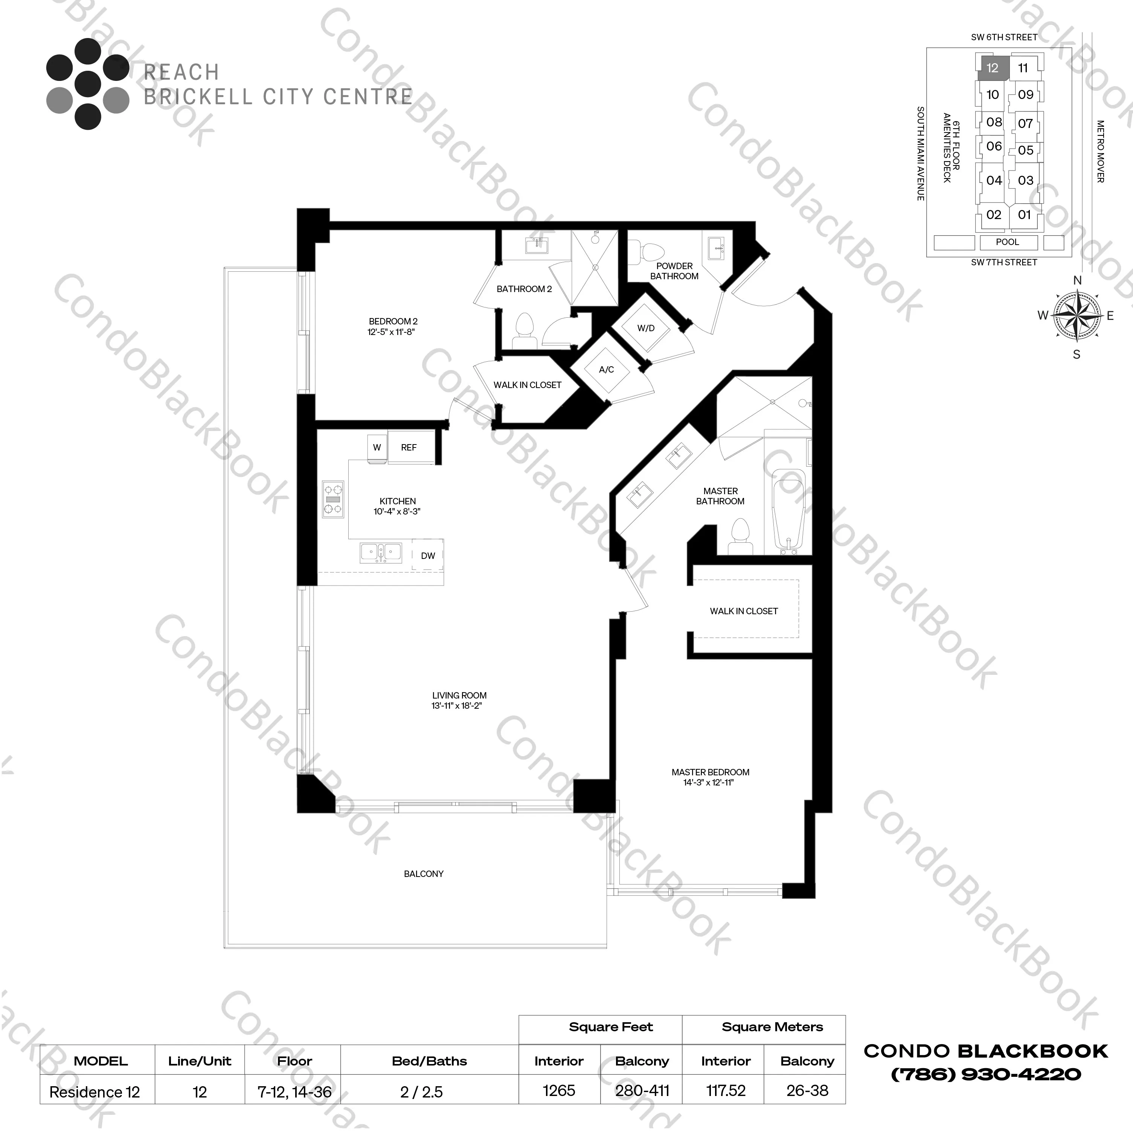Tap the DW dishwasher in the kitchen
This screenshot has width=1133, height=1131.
(x=427, y=555)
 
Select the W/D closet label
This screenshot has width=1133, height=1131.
(x=646, y=328)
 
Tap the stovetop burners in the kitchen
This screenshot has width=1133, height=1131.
(x=333, y=499)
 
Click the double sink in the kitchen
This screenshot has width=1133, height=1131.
(x=381, y=552)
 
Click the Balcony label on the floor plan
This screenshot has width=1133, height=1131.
(x=423, y=874)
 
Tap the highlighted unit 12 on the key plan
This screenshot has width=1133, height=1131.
(x=992, y=68)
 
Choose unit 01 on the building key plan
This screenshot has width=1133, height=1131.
(x=1025, y=215)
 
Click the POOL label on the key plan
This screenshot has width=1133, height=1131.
(x=1008, y=242)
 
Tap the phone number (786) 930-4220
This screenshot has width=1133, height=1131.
(x=986, y=1074)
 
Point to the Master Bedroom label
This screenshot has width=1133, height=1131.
(x=710, y=772)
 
